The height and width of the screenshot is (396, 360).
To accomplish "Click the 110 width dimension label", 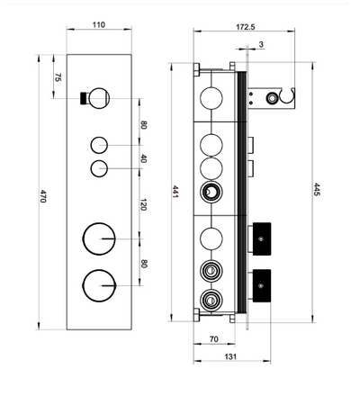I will click(99, 25).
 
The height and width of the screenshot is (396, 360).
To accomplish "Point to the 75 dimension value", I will click(58, 79).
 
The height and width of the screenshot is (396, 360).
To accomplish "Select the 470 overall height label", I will click(42, 197).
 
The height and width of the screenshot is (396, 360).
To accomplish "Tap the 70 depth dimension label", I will click(213, 341).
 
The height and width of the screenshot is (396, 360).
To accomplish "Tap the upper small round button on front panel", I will click(99, 145).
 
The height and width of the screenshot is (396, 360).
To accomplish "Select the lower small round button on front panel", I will click(99, 168).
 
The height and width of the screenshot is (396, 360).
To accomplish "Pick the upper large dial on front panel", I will click(99, 238).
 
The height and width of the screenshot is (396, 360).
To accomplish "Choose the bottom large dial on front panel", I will click(99, 285).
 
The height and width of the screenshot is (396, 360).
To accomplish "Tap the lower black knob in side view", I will click(263, 285).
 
